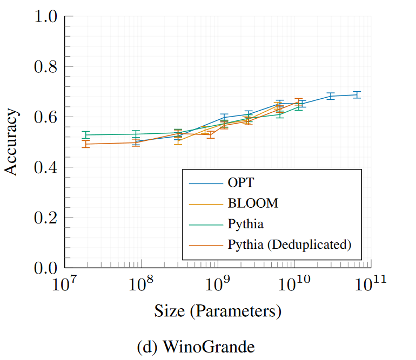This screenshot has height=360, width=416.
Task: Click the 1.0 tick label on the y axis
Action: pyautogui.click(x=45, y=17)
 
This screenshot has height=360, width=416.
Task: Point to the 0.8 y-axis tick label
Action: pyautogui.click(x=45, y=67)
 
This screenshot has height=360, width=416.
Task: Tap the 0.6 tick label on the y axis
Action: pyautogui.click(x=45, y=117)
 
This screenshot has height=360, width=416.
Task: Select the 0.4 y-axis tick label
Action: pyautogui.click(x=45, y=167)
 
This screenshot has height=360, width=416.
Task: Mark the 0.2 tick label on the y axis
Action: pyautogui.click(x=45, y=218)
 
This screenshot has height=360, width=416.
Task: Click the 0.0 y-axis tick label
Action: pyautogui.click(x=45, y=268)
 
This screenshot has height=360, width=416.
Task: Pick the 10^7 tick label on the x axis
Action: pyautogui.click(x=64, y=284)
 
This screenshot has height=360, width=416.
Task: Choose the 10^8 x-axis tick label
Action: pyautogui.click(x=140, y=284)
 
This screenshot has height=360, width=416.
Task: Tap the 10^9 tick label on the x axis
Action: pyautogui.click(x=217, y=284)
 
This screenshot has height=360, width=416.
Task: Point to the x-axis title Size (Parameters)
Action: pyautogui.click(x=217, y=312)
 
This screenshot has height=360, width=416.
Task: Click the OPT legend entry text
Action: pyautogui.click(x=244, y=184)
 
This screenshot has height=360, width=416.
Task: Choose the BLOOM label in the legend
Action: pyautogui.click(x=253, y=203)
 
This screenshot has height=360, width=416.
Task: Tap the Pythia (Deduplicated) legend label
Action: pyautogui.click(x=290, y=244)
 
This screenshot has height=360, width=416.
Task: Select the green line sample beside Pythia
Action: pyautogui.click(x=206, y=224)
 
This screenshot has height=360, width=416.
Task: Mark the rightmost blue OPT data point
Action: pyautogui.click(x=357, y=94)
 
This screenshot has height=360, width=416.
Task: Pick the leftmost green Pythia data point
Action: pyautogui.click(x=85, y=135)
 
